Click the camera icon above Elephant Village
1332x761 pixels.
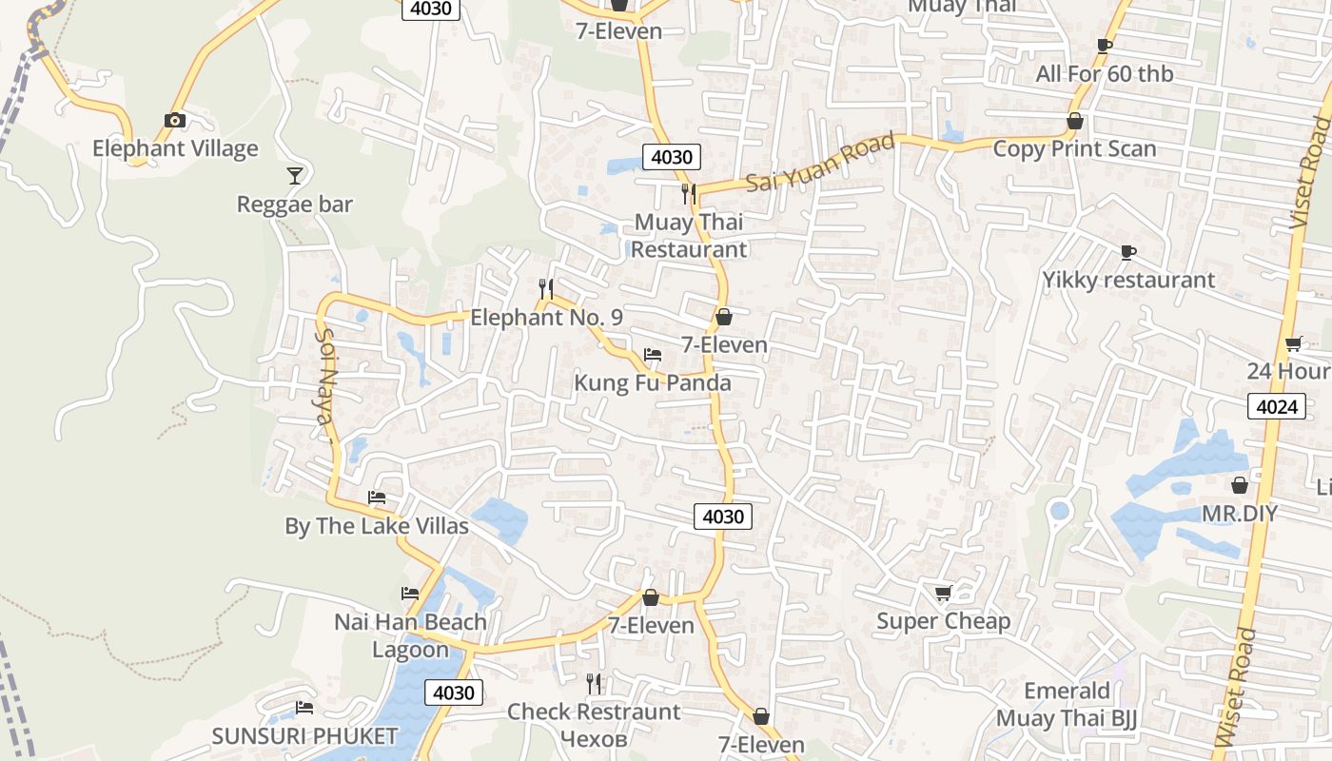click(174, 120)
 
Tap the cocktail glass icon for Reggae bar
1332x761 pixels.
click(295, 175)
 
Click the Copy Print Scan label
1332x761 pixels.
click(1074, 149)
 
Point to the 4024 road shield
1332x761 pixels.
click(1276, 407)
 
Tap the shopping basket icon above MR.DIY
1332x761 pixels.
click(1239, 485)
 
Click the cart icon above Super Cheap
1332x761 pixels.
click(943, 594)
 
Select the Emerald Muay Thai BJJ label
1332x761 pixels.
click(1067, 704)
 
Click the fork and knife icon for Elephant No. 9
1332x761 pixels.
click(546, 288)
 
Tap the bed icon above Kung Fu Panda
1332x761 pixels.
click(652, 355)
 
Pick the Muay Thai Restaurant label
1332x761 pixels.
click(689, 235)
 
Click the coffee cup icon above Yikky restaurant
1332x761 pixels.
click(1128, 252)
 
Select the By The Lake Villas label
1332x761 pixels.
click(377, 526)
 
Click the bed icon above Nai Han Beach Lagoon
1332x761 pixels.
click(410, 594)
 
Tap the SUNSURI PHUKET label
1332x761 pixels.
click(304, 736)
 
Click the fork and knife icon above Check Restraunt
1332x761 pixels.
click(594, 683)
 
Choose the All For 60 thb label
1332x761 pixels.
click(1104, 74)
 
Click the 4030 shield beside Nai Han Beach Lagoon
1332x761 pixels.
click(453, 693)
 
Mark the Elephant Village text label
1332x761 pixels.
click(175, 148)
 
